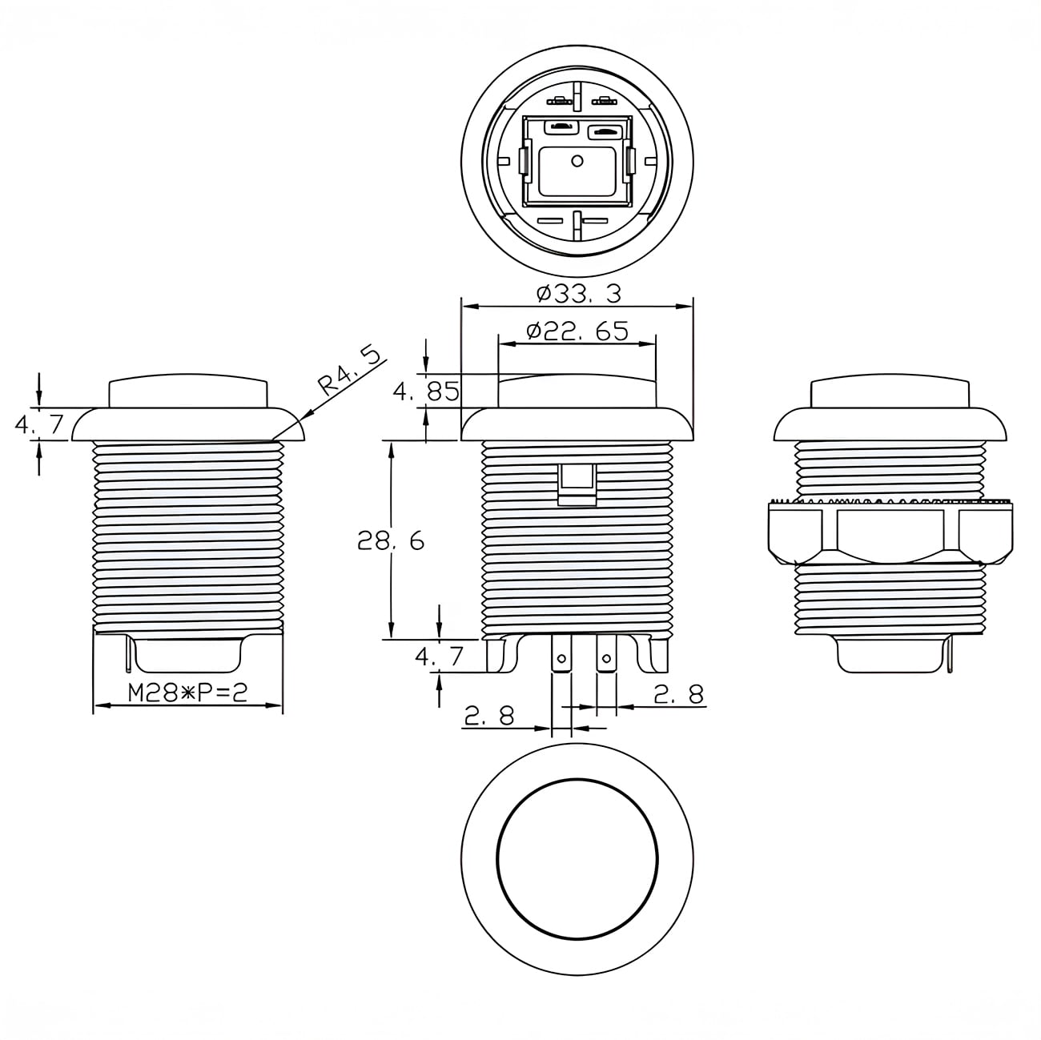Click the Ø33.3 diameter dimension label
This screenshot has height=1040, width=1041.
coord(579,294)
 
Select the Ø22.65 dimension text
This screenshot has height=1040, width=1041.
coord(577,331)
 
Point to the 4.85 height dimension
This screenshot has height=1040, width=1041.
coord(426,392)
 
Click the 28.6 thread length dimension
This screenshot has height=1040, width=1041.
coord(391,540)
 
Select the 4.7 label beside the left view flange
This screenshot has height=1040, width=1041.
coord(39,424)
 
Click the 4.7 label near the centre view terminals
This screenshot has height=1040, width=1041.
coord(439,656)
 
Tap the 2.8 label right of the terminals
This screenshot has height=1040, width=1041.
coord(679,694)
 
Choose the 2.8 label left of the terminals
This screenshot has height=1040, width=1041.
coord(489,717)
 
